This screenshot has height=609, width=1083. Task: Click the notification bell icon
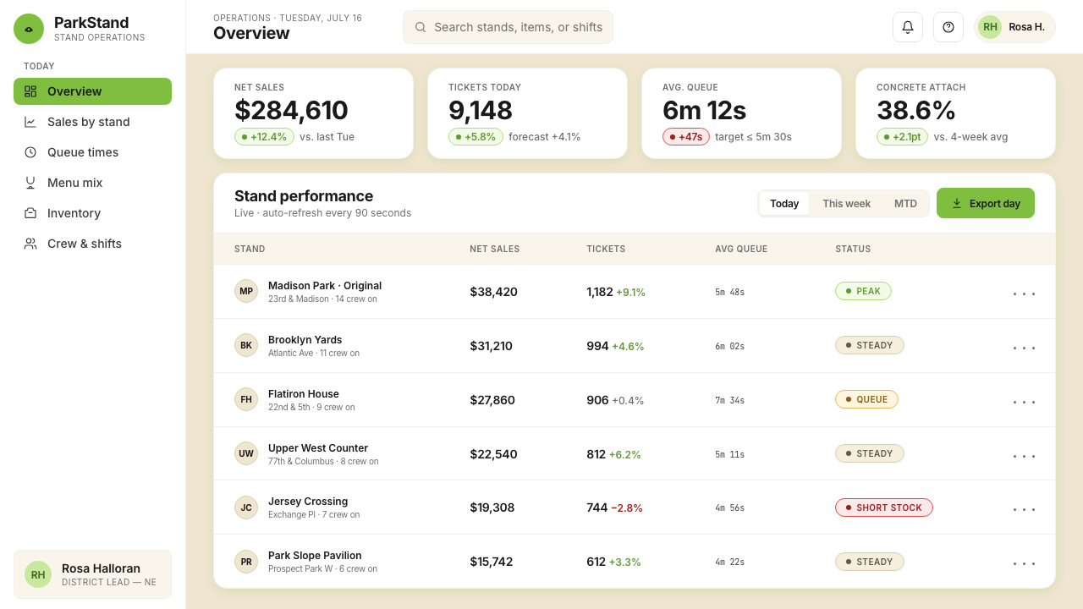point(908,27)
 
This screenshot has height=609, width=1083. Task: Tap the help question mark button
point(948,27)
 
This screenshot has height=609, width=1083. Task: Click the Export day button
point(986,203)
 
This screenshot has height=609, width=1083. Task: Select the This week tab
point(846,204)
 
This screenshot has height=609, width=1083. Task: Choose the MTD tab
point(905,204)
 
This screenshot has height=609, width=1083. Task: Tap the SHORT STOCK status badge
point(884,507)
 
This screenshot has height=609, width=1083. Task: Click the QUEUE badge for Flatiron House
point(866,399)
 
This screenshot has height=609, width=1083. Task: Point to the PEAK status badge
point(863,291)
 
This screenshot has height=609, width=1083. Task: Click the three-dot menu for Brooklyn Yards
point(1024,348)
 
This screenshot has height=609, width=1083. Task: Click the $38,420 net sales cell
point(493,292)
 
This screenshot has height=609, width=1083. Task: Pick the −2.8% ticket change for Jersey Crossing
point(627,508)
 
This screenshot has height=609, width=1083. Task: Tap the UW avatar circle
point(246,453)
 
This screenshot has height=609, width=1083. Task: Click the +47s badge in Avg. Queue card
point(685,137)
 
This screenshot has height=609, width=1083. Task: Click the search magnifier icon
point(421,27)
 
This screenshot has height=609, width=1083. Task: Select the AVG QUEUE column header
point(741,249)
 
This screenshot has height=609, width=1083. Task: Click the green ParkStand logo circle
point(29,29)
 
